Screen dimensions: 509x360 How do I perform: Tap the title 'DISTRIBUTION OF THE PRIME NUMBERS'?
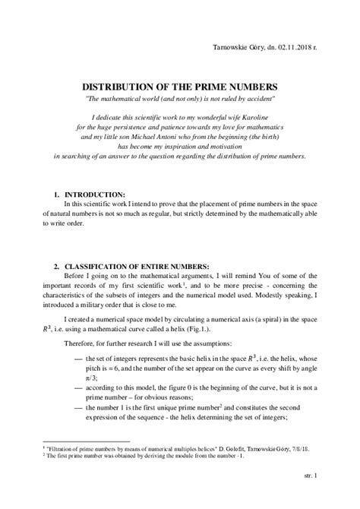pos(179,87)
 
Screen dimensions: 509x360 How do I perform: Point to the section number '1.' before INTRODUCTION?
pos(56,194)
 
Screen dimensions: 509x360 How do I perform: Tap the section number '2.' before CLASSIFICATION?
pos(56,267)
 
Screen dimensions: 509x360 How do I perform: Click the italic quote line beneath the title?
pos(179,100)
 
